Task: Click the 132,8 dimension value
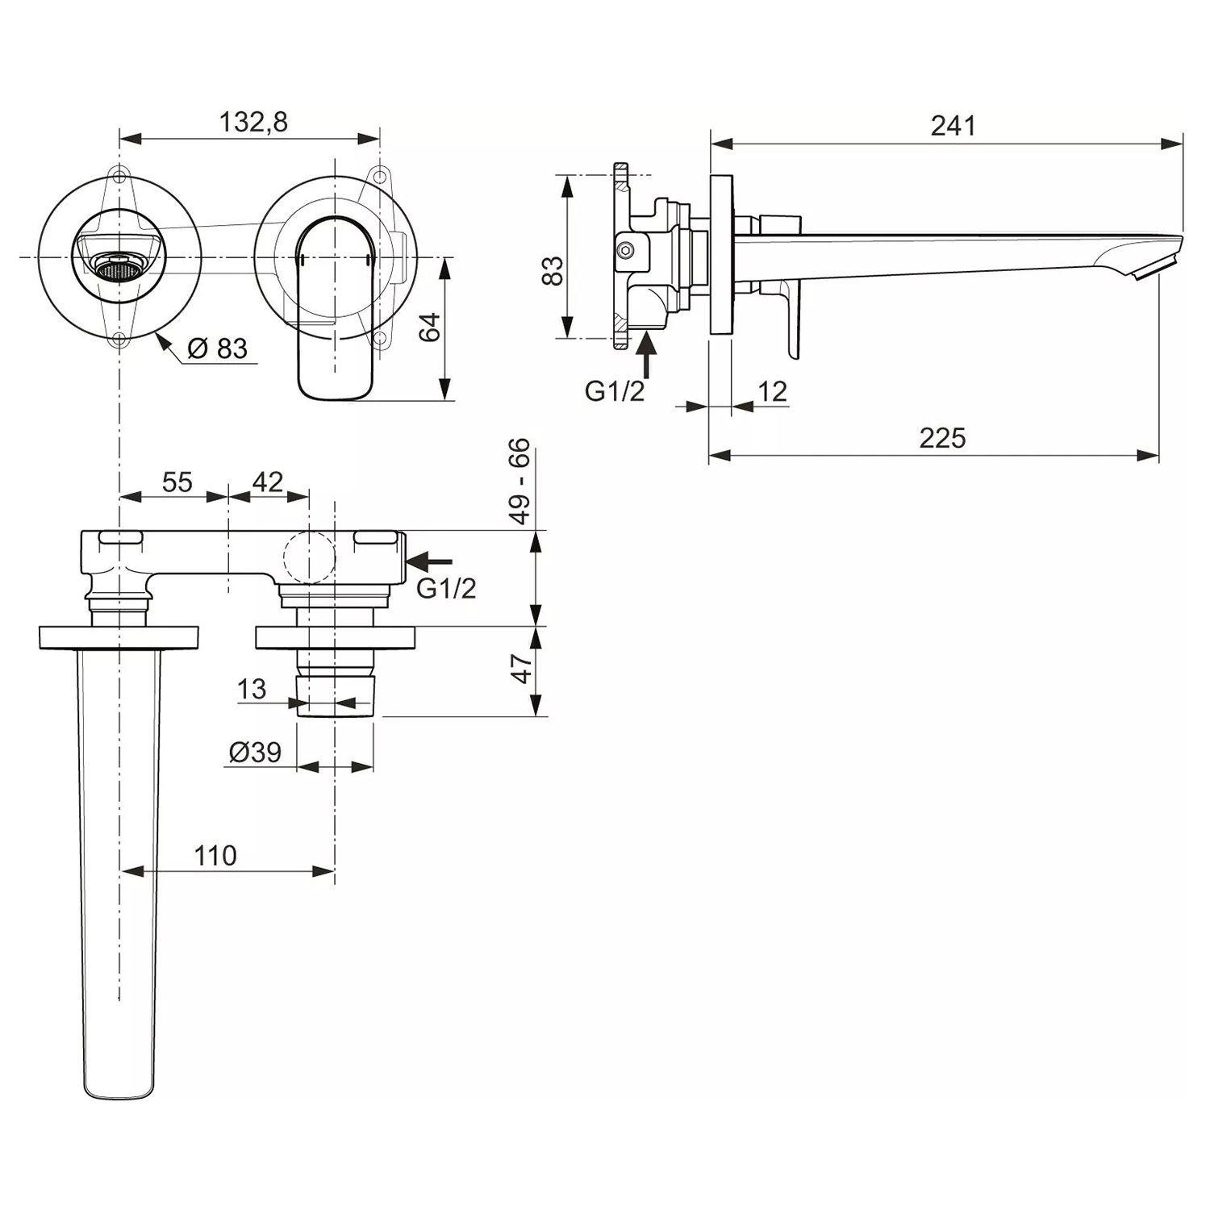click(x=253, y=122)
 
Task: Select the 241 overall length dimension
click(x=953, y=126)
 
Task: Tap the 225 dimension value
click(x=941, y=438)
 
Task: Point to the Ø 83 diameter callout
click(x=217, y=348)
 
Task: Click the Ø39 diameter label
click(x=255, y=752)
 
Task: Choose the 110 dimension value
click(x=215, y=855)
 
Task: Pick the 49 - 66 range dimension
click(x=520, y=481)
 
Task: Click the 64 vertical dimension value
click(x=431, y=327)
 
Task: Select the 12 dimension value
click(x=772, y=391)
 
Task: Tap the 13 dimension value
click(x=252, y=689)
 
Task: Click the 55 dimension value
click(x=177, y=482)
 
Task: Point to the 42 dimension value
click(x=268, y=482)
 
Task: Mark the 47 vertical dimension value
click(x=522, y=669)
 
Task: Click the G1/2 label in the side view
click(x=615, y=391)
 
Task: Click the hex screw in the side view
click(x=626, y=251)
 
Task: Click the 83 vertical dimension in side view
click(x=553, y=271)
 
